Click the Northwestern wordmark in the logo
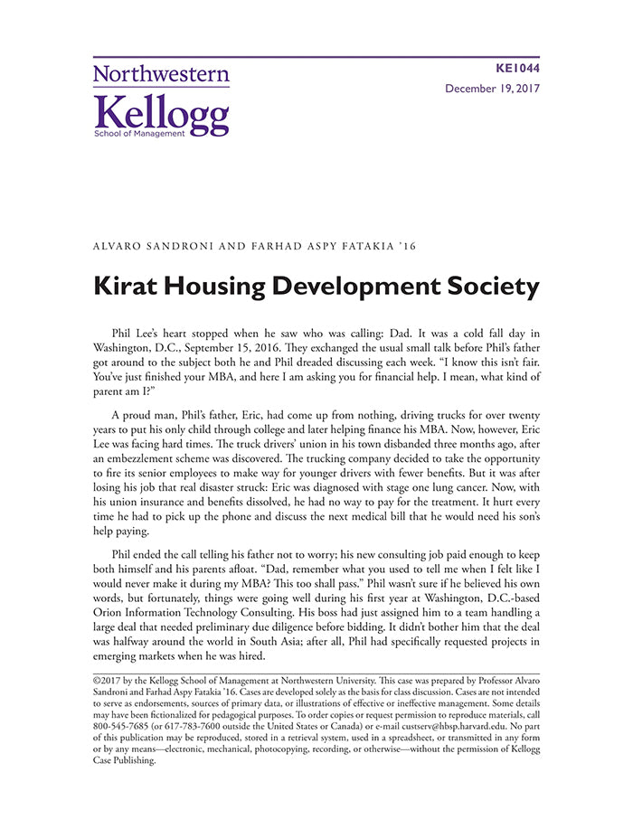click(x=161, y=75)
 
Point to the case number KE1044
click(x=519, y=69)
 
